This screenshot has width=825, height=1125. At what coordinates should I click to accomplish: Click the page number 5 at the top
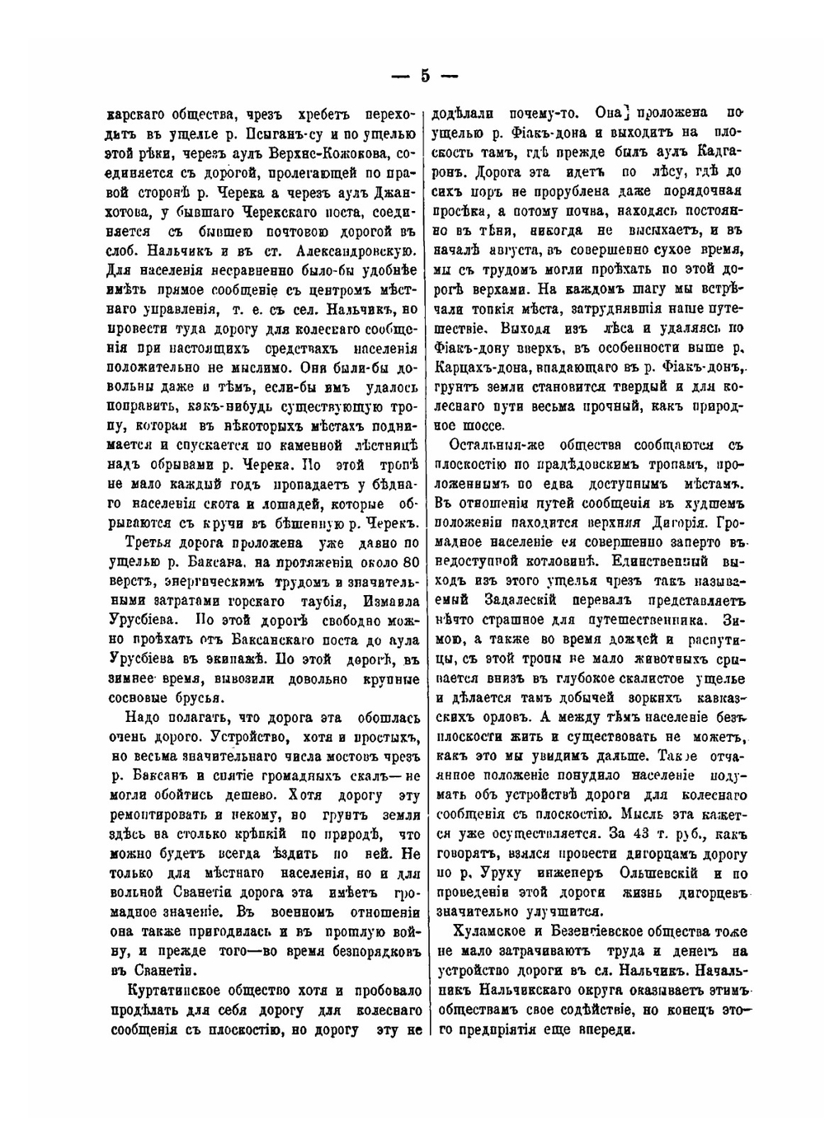coord(424,76)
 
